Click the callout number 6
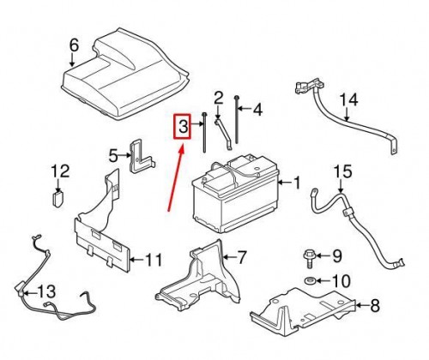[x=73, y=45]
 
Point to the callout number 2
[x=219, y=98]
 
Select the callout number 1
[x=297, y=183]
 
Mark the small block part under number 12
[x=57, y=198]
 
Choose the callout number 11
[x=153, y=260]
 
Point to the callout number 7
[x=241, y=256]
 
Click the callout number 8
[x=373, y=304]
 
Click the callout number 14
[x=347, y=100]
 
